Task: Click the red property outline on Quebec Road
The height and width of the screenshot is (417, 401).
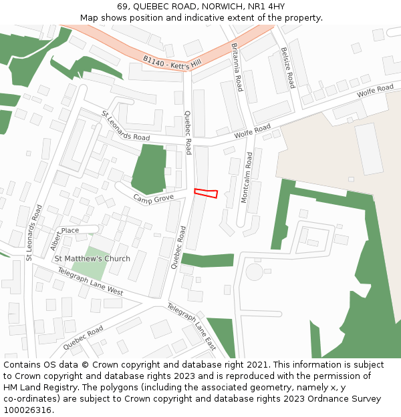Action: point(206,193)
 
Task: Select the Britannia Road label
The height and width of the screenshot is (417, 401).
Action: point(236,67)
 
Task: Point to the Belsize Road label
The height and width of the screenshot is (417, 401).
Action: point(287,67)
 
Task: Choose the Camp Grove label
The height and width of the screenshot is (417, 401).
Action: point(153,199)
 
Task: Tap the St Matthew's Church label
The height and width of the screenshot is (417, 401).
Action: point(92,259)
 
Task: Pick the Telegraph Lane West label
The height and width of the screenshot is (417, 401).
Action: point(90,282)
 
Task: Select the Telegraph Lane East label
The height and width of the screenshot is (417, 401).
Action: point(191,327)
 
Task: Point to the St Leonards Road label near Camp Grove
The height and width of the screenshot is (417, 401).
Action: point(126,125)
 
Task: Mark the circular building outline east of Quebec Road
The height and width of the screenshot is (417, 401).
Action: point(255,272)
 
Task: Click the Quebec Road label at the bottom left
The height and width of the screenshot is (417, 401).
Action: point(83,338)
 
